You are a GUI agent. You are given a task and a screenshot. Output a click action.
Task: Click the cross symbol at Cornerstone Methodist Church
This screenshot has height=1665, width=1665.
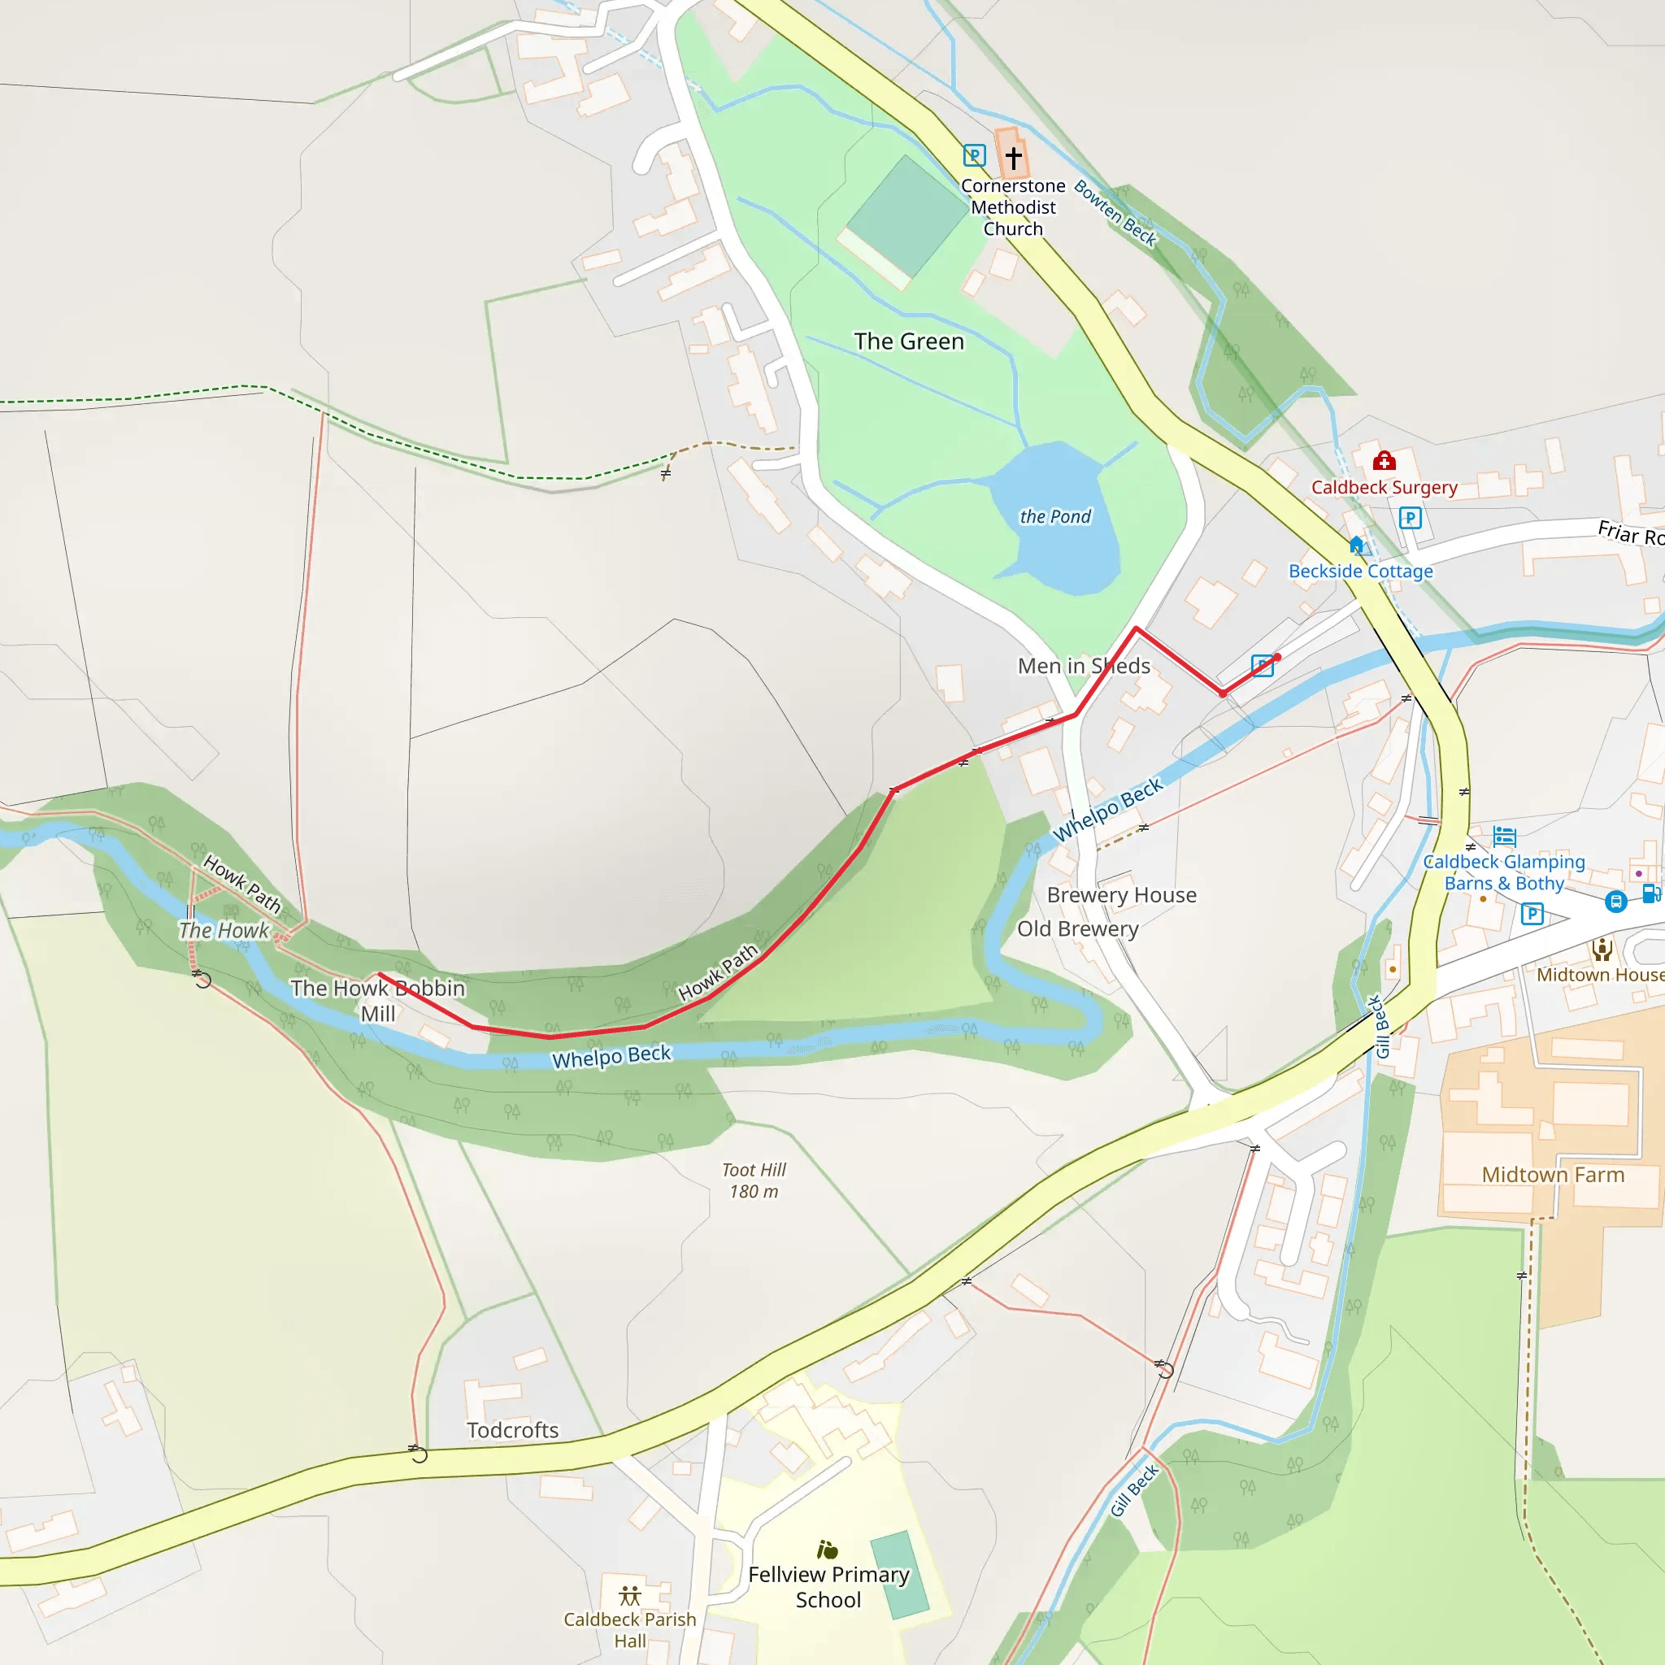1014,158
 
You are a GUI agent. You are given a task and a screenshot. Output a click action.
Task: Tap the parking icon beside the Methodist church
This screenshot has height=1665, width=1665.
974,156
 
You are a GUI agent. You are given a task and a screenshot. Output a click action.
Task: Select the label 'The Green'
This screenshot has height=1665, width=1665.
908,342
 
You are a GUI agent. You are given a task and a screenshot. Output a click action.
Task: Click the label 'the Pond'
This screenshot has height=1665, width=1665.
1054,516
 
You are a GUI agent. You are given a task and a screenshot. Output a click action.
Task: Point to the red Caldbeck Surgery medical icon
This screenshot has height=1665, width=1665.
1384,460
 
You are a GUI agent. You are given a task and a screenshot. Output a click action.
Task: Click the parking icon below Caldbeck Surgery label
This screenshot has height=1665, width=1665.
1410,518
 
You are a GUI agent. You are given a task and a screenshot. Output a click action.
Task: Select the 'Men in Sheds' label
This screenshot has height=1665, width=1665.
1083,666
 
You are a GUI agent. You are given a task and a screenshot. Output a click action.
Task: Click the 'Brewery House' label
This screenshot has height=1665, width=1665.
1121,895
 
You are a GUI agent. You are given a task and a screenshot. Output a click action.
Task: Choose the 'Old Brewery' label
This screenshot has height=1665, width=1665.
1077,929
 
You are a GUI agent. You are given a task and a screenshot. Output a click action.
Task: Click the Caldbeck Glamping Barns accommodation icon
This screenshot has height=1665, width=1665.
1505,836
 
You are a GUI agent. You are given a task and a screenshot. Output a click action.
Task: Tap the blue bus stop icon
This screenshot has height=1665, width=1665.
1616,902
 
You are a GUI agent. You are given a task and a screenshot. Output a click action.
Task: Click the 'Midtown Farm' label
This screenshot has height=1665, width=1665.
1552,1175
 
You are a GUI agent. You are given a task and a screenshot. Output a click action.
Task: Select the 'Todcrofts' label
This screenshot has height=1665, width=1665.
513,1431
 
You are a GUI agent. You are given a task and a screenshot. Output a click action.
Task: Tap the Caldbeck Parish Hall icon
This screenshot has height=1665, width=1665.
630,1595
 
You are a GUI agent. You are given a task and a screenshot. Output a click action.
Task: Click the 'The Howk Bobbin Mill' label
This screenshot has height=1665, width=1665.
377,1001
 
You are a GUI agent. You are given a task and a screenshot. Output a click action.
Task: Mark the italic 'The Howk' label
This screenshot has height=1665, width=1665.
224,931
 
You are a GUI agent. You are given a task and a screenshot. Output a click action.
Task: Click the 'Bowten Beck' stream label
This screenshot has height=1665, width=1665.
1115,213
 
